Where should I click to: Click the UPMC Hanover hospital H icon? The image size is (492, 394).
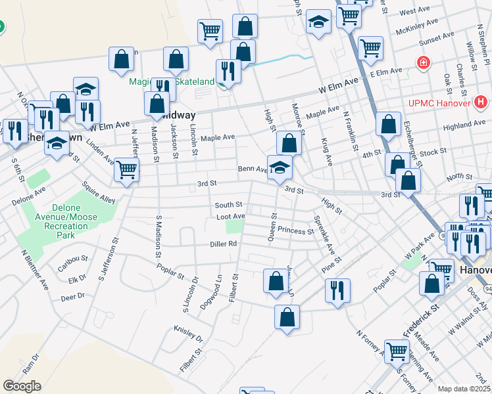pos(481,102)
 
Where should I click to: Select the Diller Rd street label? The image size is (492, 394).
pos(224,244)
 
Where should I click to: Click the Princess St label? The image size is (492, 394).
pos(296,231)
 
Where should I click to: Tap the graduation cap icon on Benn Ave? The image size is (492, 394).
pos(280,167)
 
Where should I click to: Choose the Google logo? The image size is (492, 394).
pos(22,386)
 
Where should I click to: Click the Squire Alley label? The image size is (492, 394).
pos(99,192)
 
